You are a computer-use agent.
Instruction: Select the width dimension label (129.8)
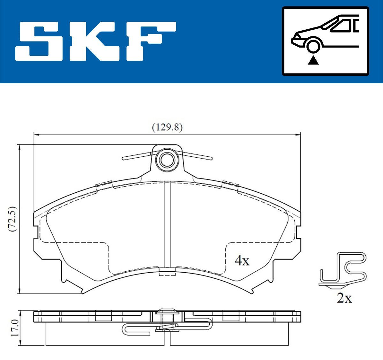coord(167,127)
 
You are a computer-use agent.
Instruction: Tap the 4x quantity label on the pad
coord(242,261)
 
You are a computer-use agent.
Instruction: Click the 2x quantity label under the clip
coord(344,298)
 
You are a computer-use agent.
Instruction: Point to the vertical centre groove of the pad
coord(167,223)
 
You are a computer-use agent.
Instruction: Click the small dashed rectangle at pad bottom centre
coord(167,272)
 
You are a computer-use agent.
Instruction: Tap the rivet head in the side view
coord(167,311)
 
